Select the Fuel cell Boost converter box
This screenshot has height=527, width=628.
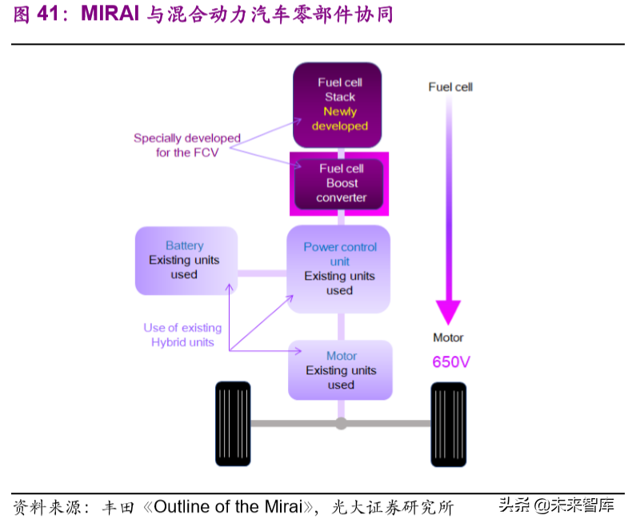tap(339, 183)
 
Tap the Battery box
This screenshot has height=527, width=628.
tap(186, 260)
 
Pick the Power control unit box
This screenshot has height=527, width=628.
tap(339, 269)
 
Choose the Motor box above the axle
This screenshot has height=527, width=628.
tap(341, 370)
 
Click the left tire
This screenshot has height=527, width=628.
tap(233, 424)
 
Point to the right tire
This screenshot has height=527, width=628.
tap(448, 424)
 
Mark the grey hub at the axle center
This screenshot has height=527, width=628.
tap(342, 423)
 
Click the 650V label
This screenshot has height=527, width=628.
tap(451, 361)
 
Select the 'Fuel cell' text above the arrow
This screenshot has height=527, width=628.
tap(450, 86)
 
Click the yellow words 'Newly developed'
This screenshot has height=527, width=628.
tap(340, 119)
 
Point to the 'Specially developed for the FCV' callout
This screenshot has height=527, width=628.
tap(187, 145)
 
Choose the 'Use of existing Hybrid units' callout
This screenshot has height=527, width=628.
tap(182, 335)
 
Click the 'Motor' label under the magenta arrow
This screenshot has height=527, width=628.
tap(448, 337)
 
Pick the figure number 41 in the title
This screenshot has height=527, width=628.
tap(47, 15)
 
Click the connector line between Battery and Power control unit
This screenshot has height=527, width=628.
tap(262, 273)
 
